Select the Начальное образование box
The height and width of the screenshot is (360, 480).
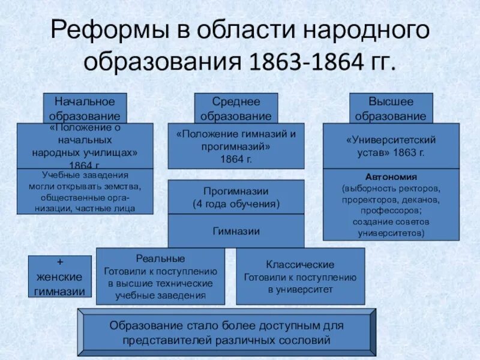coord(85,108)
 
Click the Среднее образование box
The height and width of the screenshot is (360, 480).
coord(236,108)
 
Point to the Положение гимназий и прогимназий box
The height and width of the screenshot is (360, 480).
coord(236,146)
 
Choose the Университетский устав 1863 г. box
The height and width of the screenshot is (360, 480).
coord(391,146)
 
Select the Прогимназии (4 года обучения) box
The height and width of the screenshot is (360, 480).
coord(236,197)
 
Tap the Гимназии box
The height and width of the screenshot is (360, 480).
coord(236,230)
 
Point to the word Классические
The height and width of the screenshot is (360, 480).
coord(300,264)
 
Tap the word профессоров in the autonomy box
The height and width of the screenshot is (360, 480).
coord(391,211)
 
